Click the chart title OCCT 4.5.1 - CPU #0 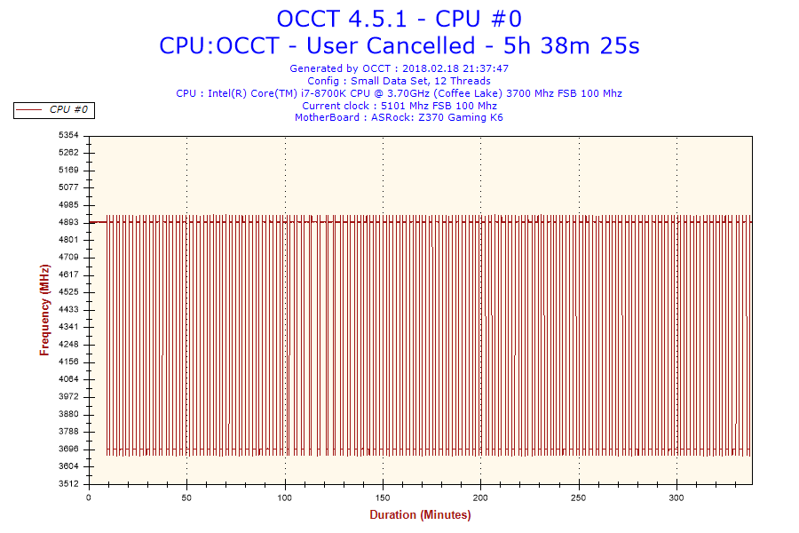(399, 19)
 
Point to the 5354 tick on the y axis (68, 135)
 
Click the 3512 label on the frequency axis (68, 484)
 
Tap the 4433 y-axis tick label (68, 310)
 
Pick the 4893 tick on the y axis (68, 222)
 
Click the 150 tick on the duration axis (383, 497)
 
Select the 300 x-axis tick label (676, 497)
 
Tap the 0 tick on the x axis (89, 497)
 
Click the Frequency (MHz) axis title (44, 310)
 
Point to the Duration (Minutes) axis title (420, 515)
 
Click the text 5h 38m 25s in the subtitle (574, 45)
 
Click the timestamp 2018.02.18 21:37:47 (455, 68)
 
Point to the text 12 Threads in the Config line (460, 81)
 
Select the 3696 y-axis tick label (68, 449)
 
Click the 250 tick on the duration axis (579, 497)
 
